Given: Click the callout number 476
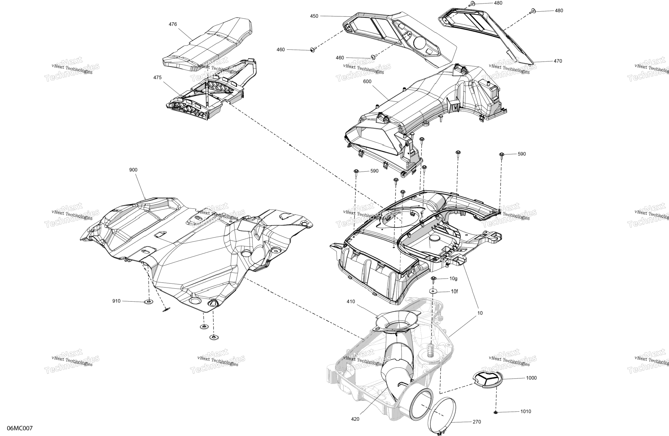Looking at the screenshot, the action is (173, 24).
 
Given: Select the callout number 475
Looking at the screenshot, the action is (157, 77).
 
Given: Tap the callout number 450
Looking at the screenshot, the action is (314, 16).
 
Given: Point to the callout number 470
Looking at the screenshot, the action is (558, 61).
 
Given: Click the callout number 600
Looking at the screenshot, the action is (367, 81).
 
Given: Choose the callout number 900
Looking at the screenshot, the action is (133, 170).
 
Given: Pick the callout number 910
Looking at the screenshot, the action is (116, 301).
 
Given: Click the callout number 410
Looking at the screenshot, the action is (351, 301).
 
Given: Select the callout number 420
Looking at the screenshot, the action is (355, 419).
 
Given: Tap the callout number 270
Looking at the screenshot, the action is (477, 422).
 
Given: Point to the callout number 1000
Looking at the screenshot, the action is (531, 378).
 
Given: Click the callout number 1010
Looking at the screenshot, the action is (525, 412).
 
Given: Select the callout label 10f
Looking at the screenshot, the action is (454, 292).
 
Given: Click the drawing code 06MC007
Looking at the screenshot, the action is (20, 428).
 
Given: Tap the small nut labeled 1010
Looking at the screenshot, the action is (496, 413).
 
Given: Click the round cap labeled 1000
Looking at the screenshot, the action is (488, 379).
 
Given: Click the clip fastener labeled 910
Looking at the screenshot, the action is (149, 302).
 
